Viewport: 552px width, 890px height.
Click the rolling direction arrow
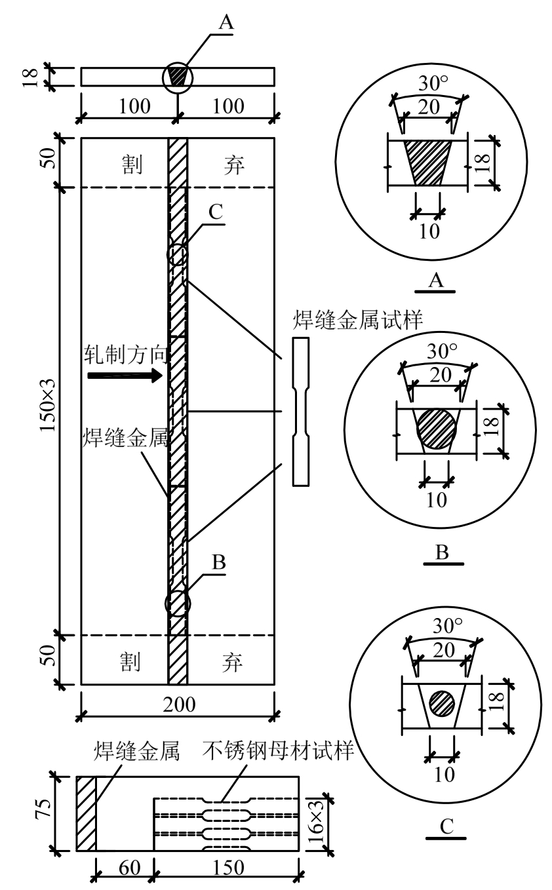pos(125,376)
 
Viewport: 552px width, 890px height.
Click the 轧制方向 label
pos(125,355)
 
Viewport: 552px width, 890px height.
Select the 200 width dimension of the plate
pos(179,705)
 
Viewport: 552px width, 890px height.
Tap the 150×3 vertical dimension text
pos(49,405)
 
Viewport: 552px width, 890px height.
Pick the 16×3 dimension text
pos(316,820)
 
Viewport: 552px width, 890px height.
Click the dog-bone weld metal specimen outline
pos(301,412)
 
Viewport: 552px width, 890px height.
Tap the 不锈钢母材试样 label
pos(278,750)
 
